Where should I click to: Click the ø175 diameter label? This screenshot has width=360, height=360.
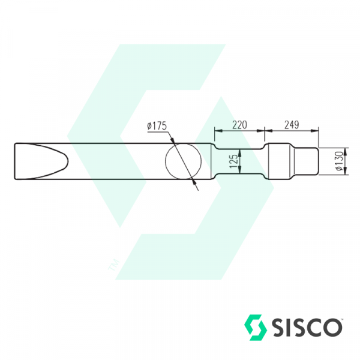156,126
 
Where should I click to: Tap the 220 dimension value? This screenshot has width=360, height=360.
239,124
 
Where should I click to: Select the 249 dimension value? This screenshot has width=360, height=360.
291,124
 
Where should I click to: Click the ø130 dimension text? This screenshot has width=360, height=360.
339,161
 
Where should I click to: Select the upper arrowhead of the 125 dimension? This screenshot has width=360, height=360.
242,151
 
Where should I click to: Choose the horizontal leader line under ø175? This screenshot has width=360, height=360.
157,131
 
